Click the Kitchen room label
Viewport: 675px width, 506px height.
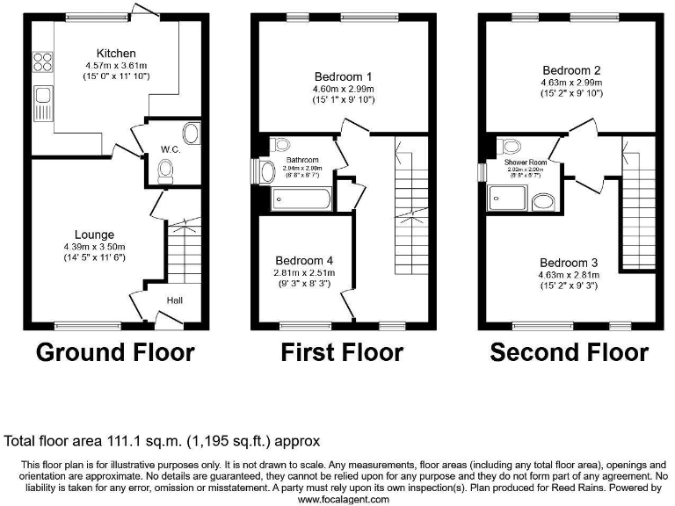[x=115, y=52]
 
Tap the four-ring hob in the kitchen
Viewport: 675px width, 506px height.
[x=41, y=62]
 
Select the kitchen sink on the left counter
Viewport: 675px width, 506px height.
[x=41, y=104]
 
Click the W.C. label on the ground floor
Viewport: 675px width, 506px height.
[x=171, y=149]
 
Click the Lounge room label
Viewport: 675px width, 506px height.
[x=94, y=235]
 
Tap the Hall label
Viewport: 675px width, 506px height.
[x=175, y=300]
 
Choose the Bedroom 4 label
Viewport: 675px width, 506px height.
[x=304, y=261]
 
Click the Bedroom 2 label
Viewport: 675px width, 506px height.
[x=570, y=70]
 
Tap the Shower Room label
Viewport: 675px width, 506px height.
[x=526, y=163]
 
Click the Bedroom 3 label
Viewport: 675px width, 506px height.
[x=569, y=263]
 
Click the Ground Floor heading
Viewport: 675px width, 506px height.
[x=115, y=352]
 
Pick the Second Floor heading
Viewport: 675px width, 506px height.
[x=569, y=352]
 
